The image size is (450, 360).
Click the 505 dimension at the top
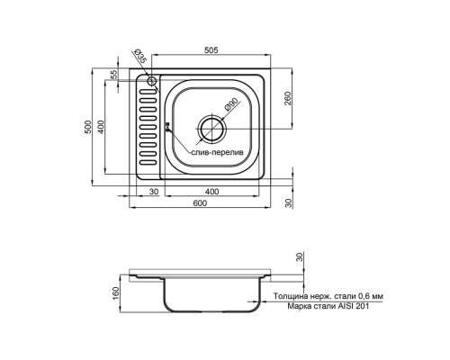click(x=211, y=50)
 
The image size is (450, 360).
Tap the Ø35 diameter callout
click(x=140, y=56)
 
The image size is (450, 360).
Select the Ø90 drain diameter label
click(x=231, y=104)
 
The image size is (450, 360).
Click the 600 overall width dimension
click(x=200, y=203)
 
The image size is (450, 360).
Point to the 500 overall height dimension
click(x=88, y=127)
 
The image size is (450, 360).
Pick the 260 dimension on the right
click(x=287, y=98)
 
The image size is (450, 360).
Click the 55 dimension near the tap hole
click(x=114, y=75)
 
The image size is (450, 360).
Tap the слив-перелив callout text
click(x=218, y=152)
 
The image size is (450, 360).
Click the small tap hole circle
click(x=151, y=81)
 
